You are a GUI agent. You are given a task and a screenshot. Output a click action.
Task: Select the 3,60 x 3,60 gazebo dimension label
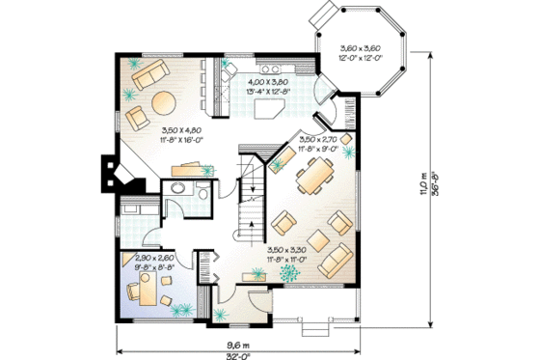coord(356,55)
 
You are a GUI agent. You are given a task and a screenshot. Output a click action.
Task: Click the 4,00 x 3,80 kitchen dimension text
coord(270,87)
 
